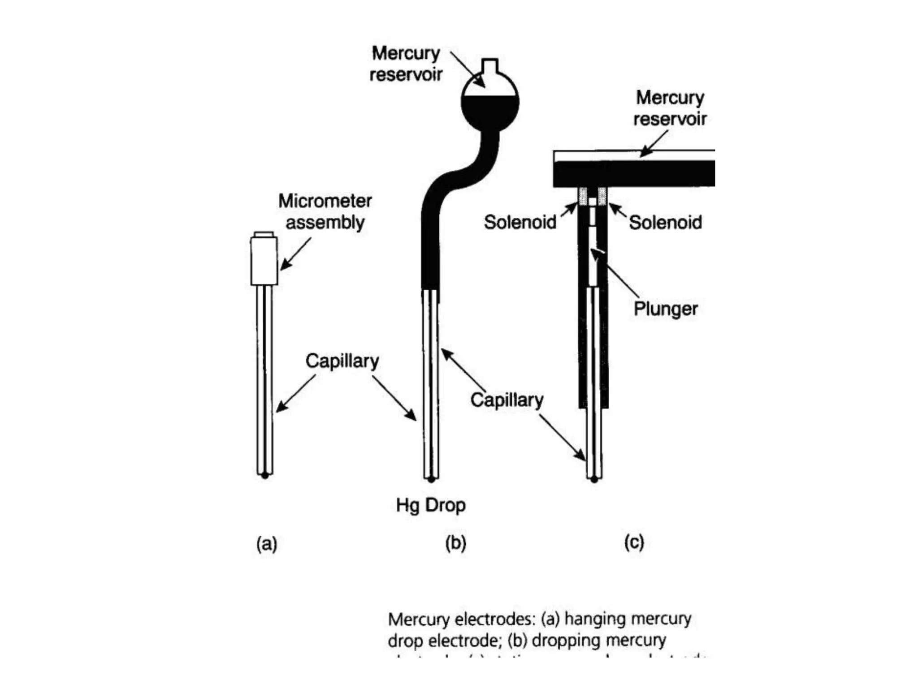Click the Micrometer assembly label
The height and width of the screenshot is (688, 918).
point(325,211)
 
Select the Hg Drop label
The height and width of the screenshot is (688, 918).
point(431,505)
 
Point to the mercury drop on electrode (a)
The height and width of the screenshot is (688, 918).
point(265,475)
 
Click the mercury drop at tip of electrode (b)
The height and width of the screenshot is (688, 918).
point(431,480)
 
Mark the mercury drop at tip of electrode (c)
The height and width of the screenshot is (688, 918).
point(594,480)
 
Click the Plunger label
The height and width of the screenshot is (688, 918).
point(666,309)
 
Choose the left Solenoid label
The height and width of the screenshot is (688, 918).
point(520,222)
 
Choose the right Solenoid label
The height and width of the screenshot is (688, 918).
point(665,222)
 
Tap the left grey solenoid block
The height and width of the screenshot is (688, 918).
point(583,196)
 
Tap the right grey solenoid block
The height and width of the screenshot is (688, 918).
point(602,196)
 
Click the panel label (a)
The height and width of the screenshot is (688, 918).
point(267,544)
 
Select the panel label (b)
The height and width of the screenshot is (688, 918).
point(456,543)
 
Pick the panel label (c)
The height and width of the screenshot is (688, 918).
point(634,542)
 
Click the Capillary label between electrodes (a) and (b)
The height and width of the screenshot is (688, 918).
point(342,361)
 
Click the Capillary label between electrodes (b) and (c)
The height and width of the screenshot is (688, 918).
point(507,400)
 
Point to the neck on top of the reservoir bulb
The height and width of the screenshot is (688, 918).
point(490,66)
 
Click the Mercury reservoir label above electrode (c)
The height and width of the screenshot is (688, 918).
point(670,108)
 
